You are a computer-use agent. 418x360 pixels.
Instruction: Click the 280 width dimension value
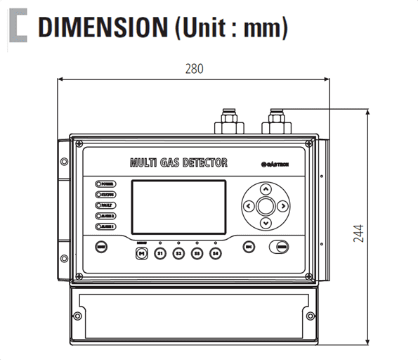click(194, 69)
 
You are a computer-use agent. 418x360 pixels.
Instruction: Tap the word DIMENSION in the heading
click(98, 28)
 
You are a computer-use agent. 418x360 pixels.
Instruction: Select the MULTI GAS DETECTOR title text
click(178, 162)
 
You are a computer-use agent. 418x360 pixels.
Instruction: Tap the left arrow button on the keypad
click(249, 207)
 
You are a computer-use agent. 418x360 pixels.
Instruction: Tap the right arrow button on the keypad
click(282, 207)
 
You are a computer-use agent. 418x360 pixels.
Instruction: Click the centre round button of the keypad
click(266, 207)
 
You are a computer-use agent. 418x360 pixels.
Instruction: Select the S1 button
click(159, 252)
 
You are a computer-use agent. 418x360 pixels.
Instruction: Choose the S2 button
click(178, 252)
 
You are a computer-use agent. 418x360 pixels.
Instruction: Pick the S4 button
click(216, 252)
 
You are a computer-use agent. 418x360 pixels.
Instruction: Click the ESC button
click(248, 247)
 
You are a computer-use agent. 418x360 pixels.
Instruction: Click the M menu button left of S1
click(142, 252)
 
